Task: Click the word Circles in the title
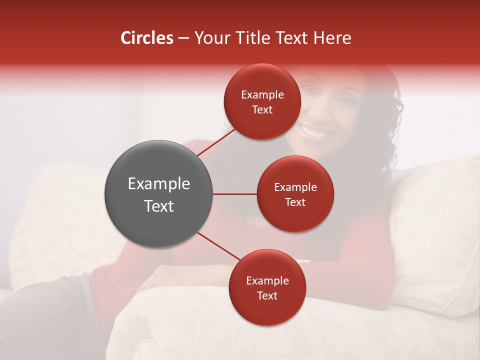pos(146,38)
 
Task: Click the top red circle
pos(262,101)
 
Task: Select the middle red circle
pos(295,194)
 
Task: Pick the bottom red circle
pos(267,287)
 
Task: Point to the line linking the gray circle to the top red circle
pos(216,142)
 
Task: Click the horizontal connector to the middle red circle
pos(235,194)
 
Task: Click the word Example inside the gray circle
pos(159,184)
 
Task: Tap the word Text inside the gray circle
pos(159,206)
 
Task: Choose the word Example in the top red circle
pos(262,95)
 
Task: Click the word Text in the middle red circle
pos(295,202)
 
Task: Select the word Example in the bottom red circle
pos(267,281)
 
